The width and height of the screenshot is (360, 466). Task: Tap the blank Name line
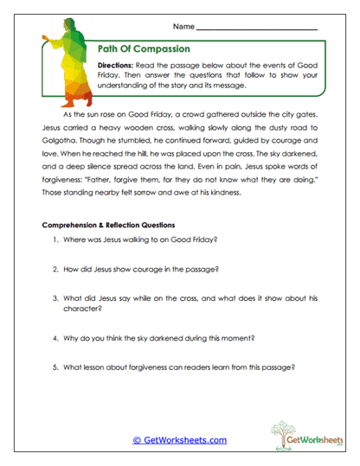point(268,29)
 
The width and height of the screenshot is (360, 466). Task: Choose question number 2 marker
point(55,269)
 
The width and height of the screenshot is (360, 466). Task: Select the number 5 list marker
point(55,367)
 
